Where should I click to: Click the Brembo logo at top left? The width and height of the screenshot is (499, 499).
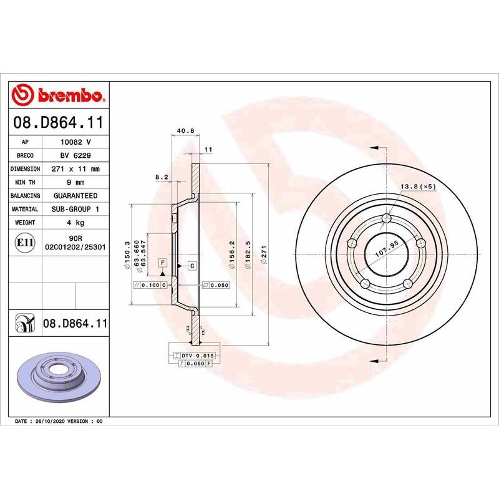(59, 95)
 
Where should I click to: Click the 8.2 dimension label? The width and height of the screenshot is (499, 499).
(162, 177)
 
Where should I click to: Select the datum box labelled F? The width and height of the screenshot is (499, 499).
(162, 263)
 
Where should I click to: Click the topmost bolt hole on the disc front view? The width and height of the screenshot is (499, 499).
(387, 218)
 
